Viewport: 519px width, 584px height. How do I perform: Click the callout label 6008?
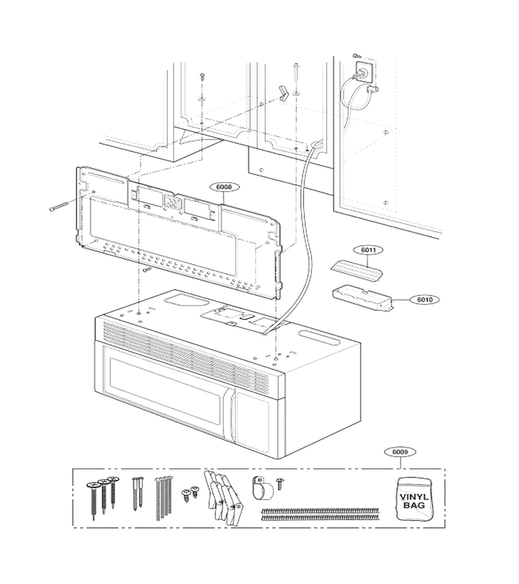pyautogui.click(x=224, y=187)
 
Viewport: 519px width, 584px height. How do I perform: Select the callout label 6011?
pyautogui.click(x=368, y=250)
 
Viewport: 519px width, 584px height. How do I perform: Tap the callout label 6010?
pyautogui.click(x=425, y=299)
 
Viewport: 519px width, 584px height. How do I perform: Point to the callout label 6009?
pyautogui.click(x=400, y=452)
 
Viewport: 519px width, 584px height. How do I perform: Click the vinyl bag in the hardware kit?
pyautogui.click(x=414, y=500)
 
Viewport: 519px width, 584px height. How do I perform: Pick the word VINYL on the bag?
pyautogui.click(x=414, y=497)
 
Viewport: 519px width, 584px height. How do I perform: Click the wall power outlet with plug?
pyautogui.click(x=365, y=72)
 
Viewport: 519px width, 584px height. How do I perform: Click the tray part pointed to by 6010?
pyautogui.click(x=362, y=298)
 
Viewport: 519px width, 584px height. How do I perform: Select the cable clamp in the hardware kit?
pyautogui.click(x=262, y=487)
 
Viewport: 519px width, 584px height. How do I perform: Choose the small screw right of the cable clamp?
pyautogui.click(x=280, y=484)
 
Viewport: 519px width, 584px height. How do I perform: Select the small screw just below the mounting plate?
pyautogui.click(x=147, y=268)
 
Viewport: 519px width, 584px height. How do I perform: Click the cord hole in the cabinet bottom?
pyautogui.click(x=316, y=143)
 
